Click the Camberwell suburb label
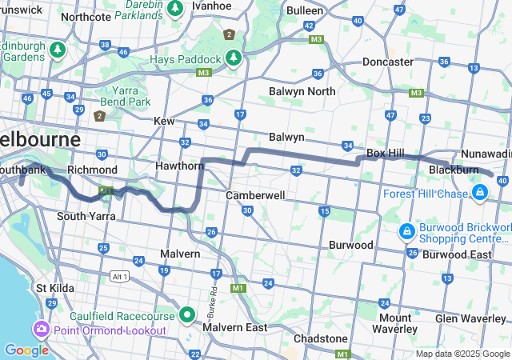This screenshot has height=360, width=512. (256, 195)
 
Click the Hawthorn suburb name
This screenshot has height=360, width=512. (180, 166)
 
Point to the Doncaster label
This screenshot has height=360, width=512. (387, 62)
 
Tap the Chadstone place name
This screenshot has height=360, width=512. (320, 338)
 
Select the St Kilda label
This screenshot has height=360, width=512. (54, 288)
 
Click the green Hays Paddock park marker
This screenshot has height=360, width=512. (234, 58)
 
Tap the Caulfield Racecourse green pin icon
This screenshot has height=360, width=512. (187, 314)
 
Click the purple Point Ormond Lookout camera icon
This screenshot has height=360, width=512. (40, 330)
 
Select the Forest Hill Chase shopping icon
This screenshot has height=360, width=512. (479, 193)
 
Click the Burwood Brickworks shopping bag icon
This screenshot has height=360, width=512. (406, 232)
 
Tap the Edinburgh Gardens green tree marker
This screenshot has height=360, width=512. (57, 50)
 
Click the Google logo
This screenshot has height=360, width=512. (26, 350)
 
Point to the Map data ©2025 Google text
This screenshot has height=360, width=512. (462, 354)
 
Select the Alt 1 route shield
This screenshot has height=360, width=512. (119, 276)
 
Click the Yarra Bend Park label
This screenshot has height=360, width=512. (126, 96)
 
